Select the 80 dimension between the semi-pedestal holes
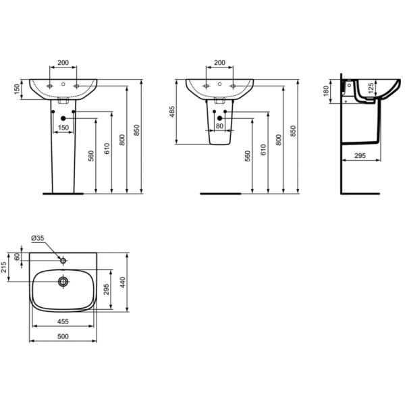[x=219, y=126]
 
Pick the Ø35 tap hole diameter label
[x=37, y=238]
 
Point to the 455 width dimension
[x=63, y=323]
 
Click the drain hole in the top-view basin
[x=63, y=281]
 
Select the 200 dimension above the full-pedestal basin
[x=63, y=63]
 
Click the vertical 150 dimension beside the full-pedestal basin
[x=16, y=90]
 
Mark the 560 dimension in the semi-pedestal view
[x=248, y=156]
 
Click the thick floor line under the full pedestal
[x=63, y=193]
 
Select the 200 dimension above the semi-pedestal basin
[x=219, y=63]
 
